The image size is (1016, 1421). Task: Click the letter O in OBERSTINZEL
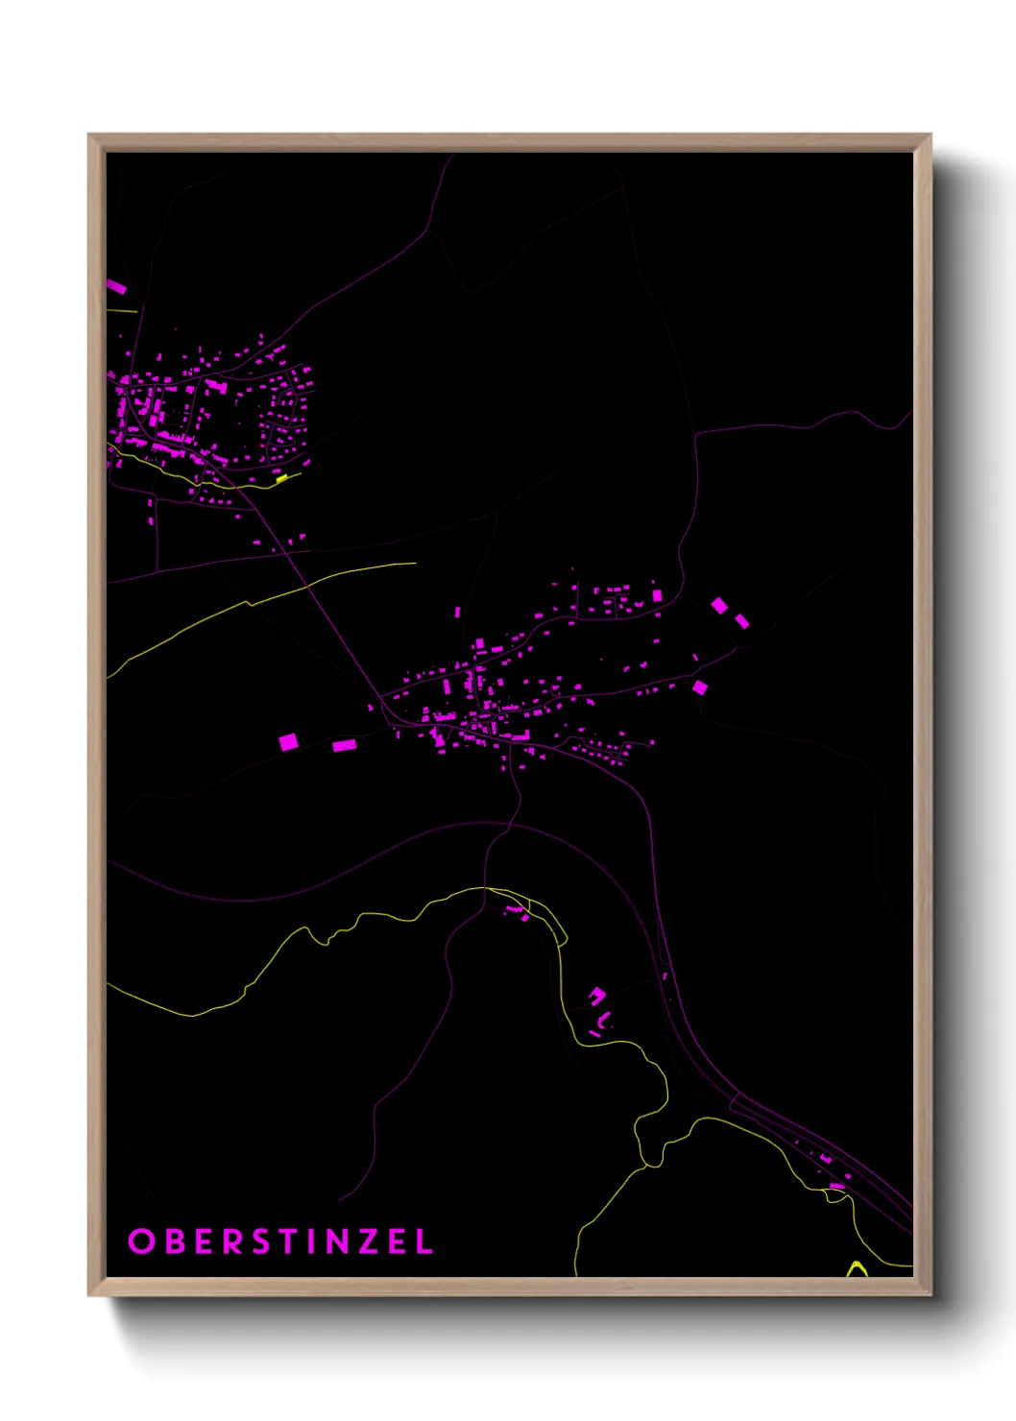click(x=141, y=1241)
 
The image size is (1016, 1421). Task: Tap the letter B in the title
click(x=175, y=1241)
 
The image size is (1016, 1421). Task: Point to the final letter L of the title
click(x=423, y=1241)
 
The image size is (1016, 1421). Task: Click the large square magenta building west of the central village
click(x=288, y=741)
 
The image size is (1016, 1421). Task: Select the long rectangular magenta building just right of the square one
click(x=344, y=745)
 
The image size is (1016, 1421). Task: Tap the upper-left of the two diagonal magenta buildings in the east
click(x=719, y=605)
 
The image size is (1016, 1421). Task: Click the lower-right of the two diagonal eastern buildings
click(x=741, y=621)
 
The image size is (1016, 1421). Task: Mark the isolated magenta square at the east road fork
click(x=700, y=687)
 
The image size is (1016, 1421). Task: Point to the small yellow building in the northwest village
click(x=281, y=476)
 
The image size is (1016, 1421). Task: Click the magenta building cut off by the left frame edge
click(x=116, y=286)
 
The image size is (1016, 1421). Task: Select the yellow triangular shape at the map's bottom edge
click(x=856, y=1270)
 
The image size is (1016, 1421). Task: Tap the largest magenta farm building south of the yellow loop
click(x=597, y=995)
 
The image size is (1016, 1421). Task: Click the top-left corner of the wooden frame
click(x=90, y=136)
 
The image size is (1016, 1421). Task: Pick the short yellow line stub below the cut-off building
click(x=122, y=310)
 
